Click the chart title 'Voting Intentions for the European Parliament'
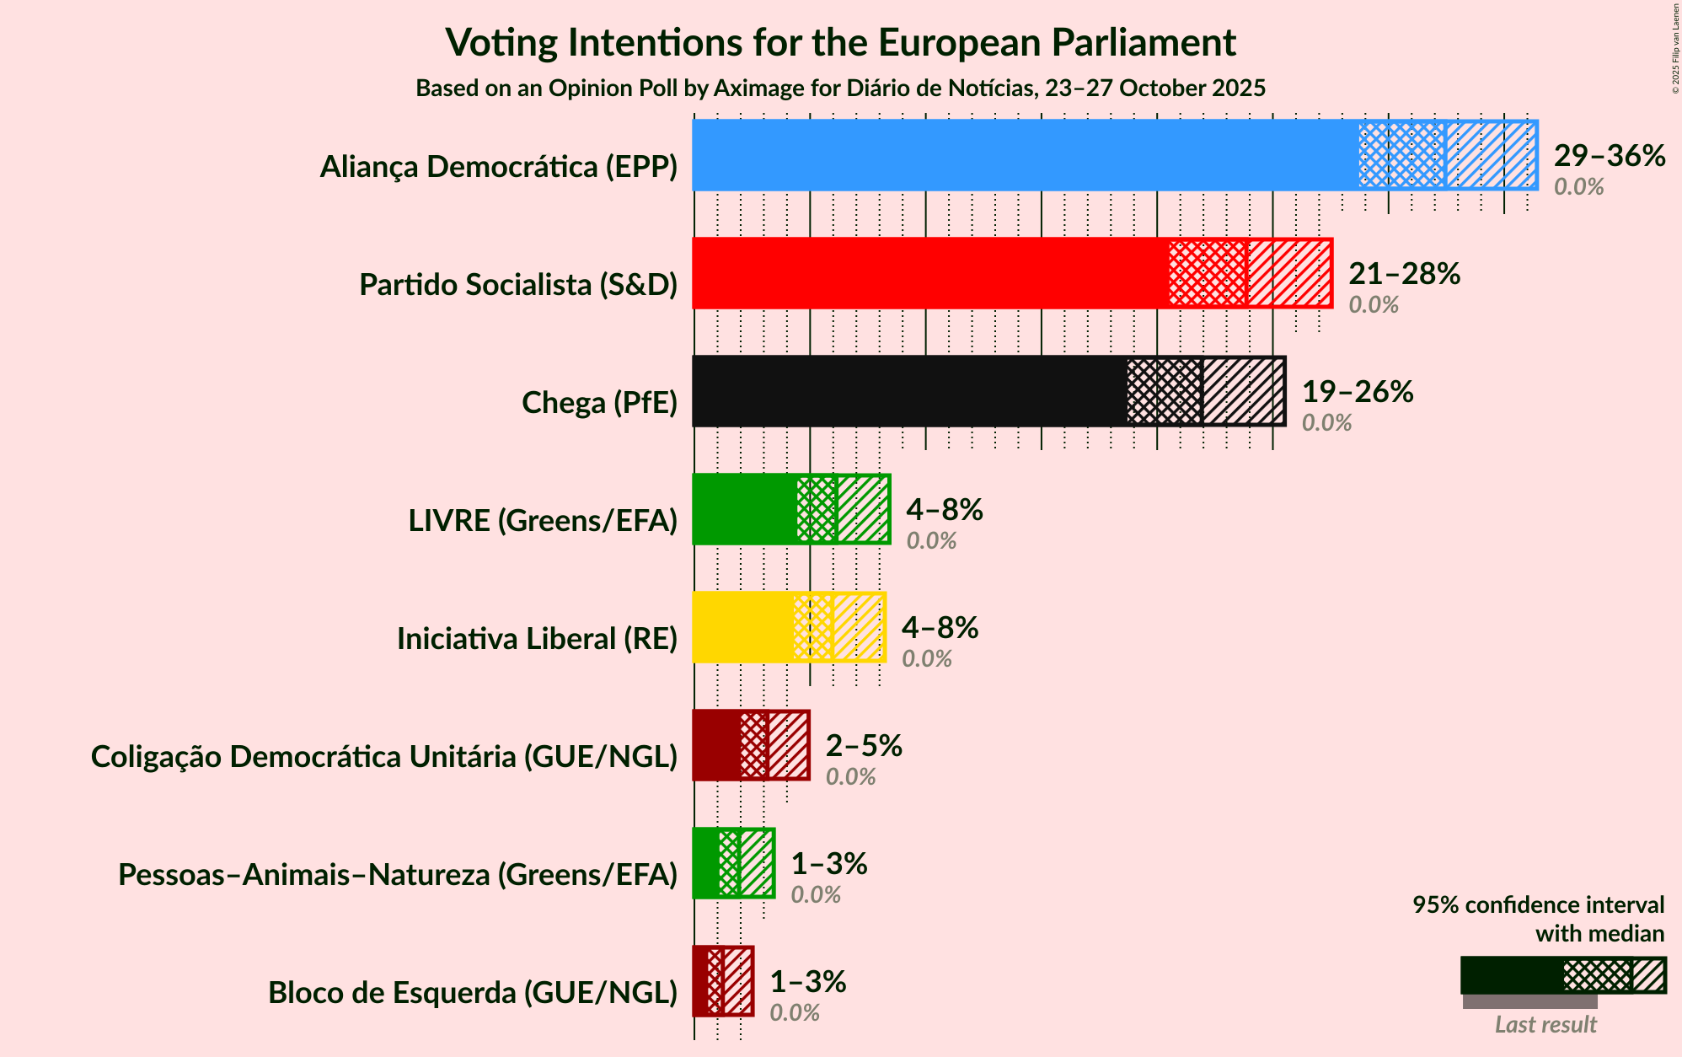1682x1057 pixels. click(840, 42)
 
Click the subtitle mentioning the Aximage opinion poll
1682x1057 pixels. click(840, 89)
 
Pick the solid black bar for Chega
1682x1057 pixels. click(909, 391)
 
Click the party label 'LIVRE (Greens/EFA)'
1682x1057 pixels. click(543, 521)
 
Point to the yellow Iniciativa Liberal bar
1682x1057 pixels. click(742, 627)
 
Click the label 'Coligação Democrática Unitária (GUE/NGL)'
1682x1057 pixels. click(384, 757)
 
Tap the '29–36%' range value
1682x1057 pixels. click(1609, 156)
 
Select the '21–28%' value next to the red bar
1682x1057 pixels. click(1404, 274)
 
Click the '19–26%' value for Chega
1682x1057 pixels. click(1357, 392)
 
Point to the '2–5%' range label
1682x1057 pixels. click(863, 746)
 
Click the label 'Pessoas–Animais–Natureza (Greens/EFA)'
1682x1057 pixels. click(398, 875)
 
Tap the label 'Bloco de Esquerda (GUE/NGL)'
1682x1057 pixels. click(473, 993)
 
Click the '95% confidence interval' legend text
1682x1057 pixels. click(1538, 905)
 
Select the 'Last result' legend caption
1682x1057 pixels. click(1545, 1025)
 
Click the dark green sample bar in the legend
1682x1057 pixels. click(1512, 975)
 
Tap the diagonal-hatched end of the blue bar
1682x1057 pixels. click(1491, 155)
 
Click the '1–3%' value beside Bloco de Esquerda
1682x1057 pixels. click(807, 982)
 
